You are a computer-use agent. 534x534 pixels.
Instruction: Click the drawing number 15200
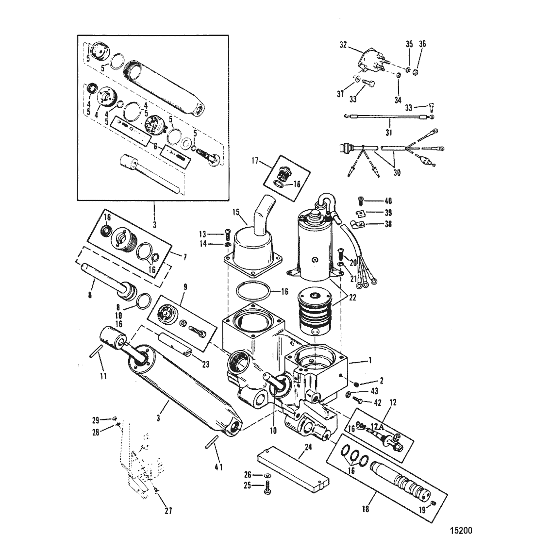[x=461, y=530]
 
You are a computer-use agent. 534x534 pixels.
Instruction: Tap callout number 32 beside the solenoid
[x=343, y=45]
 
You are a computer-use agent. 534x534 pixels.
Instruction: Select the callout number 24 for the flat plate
[x=308, y=447]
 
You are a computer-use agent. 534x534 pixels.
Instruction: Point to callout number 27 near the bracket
[x=168, y=511]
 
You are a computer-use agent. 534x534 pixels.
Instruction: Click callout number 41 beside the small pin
[x=218, y=467]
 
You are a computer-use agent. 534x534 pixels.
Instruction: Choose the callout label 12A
[x=377, y=426]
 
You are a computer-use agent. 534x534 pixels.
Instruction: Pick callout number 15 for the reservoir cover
[x=236, y=212]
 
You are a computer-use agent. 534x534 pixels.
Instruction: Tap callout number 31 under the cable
[x=389, y=132]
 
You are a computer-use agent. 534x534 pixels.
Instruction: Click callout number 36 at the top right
[x=422, y=44]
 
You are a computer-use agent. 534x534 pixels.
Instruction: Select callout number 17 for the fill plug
[x=255, y=160]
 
